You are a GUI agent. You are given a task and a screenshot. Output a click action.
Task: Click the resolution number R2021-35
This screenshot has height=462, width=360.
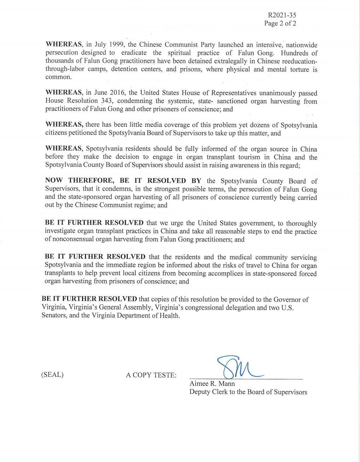282,15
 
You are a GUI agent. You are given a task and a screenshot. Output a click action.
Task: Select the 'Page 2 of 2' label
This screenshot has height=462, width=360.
280,23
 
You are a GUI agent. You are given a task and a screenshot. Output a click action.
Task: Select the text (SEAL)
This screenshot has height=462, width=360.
52,375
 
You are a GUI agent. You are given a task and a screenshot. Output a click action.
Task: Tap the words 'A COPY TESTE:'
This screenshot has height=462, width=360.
151,375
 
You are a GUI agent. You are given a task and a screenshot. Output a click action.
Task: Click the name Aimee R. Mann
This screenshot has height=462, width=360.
212,384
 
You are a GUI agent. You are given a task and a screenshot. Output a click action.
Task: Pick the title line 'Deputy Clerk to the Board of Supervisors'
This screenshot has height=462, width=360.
248,392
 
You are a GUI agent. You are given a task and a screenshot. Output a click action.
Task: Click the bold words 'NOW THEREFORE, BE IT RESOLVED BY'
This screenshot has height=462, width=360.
123,181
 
